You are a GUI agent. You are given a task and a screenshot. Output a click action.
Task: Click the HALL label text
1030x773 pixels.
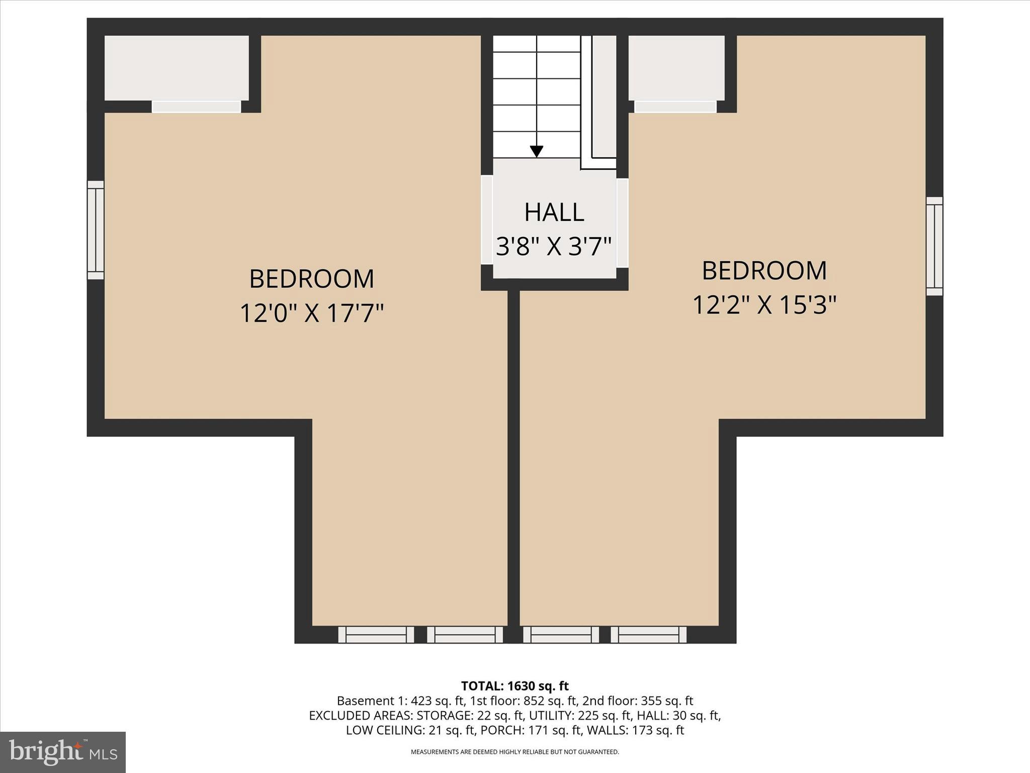554,212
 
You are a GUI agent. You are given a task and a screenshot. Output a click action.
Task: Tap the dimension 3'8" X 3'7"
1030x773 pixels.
554,247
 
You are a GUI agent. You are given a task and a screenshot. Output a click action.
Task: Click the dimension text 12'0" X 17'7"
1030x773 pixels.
311,313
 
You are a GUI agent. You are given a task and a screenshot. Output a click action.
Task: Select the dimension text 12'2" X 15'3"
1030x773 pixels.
764,304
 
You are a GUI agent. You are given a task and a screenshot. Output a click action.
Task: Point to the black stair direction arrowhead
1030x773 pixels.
537,151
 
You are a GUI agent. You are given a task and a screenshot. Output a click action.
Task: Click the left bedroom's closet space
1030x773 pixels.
176,68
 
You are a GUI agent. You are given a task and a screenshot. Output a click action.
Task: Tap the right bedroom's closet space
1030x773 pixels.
676,68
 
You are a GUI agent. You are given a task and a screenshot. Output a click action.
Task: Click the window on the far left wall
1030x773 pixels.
96,230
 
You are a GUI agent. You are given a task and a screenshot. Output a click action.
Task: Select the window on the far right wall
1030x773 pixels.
934,246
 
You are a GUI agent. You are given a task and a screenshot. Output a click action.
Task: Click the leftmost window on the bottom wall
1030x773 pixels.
376,635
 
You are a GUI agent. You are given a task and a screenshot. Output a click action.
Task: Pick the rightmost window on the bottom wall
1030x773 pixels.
648,635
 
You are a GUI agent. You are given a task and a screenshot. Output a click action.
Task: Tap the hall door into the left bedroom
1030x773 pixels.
486,220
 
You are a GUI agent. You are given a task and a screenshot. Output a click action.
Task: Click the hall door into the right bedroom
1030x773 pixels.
623,223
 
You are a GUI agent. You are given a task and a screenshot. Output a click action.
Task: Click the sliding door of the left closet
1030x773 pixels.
196,107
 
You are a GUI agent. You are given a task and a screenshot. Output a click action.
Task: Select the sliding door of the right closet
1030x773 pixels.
675,107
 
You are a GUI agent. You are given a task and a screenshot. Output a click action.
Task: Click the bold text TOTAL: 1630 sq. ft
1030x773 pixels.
514,686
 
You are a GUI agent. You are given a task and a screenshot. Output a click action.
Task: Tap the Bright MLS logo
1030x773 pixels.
63,752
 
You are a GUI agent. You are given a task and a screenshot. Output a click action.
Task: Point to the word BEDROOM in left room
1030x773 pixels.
311,279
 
